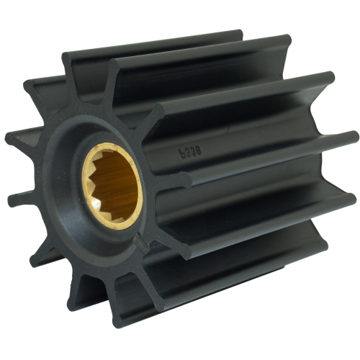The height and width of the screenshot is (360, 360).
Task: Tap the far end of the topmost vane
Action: pos(237,35)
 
